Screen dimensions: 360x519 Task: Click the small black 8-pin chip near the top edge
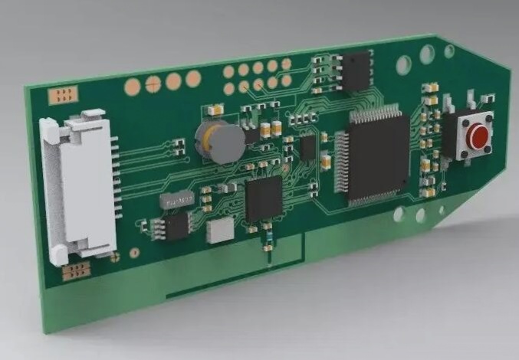356,71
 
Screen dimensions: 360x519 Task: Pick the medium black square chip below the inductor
264,199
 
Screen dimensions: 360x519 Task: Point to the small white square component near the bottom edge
220,229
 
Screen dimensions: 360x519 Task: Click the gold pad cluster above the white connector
61,95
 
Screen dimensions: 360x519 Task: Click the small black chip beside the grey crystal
176,225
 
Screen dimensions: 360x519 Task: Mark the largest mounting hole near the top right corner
427,54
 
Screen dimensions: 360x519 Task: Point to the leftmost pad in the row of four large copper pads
134,86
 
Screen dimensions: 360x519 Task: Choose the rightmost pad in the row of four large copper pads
193,77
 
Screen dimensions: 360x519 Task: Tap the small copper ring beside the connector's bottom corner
135,251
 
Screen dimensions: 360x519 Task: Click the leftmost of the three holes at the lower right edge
398,216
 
